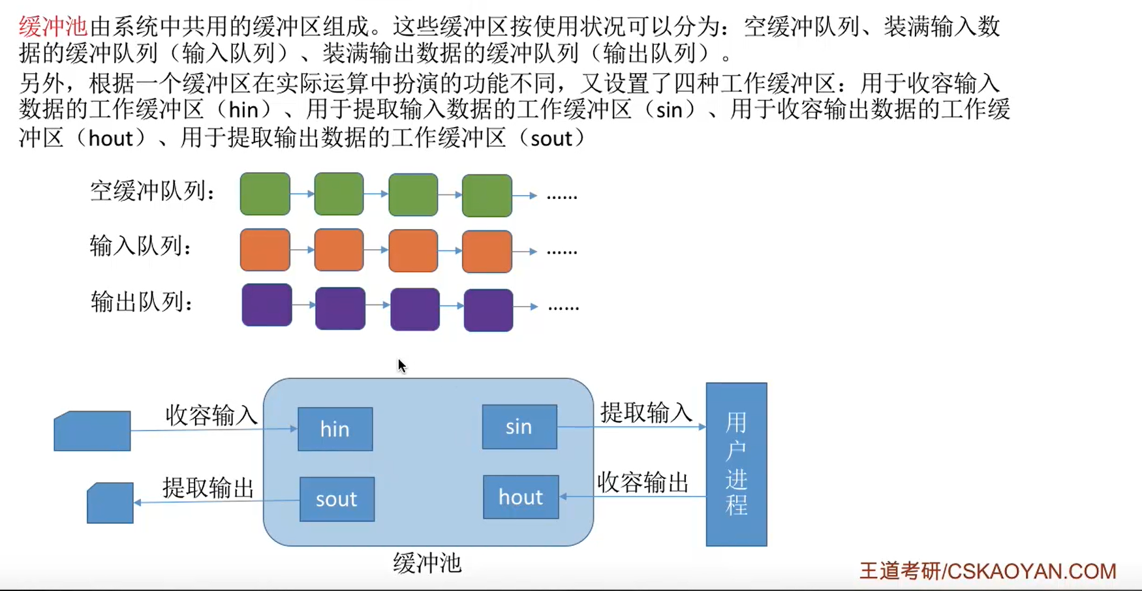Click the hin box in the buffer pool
pos(335,429)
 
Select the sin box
pos(519,427)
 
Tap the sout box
pos(337,499)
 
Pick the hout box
pos(521,497)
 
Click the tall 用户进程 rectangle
pos(736,464)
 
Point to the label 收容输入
pos(211,415)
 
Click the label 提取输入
pos(646,412)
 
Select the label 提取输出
pos(208,487)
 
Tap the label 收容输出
pos(643,483)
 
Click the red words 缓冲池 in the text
pos(52,27)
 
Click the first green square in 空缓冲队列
pos(265,194)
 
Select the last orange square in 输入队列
pos(487,251)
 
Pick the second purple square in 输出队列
pos(340,308)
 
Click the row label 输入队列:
pos(140,247)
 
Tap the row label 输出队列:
pos(141,303)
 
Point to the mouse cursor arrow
pos(401,365)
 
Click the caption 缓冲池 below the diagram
pos(427,563)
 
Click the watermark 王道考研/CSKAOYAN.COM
pos(987,571)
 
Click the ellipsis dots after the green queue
pos(561,196)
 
